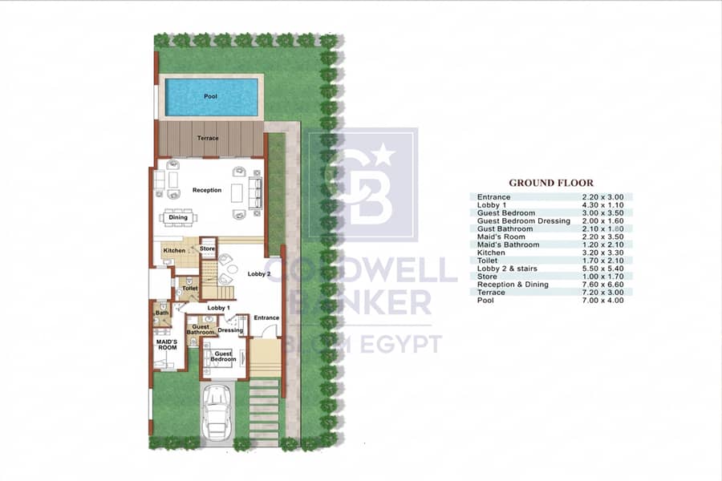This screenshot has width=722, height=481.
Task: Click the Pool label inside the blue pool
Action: (210, 97)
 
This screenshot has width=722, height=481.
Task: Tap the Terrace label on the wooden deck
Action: (208, 138)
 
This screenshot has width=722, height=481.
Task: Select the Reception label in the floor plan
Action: (207, 190)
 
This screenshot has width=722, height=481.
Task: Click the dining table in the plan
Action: (178, 218)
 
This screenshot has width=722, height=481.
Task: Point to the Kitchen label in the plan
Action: (174, 250)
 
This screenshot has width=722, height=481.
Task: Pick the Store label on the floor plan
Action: (207, 249)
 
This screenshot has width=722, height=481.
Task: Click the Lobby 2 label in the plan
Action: (259, 274)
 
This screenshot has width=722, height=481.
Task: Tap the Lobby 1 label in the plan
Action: (218, 308)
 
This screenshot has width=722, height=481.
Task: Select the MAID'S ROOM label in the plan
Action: (167, 345)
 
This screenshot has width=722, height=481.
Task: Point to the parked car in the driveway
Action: (217, 411)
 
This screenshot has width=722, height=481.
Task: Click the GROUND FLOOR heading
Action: (551, 183)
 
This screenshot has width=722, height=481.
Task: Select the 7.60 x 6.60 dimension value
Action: (602, 285)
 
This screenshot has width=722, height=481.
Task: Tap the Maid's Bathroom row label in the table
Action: (508, 245)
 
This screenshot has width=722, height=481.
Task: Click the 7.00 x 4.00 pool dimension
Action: (602, 300)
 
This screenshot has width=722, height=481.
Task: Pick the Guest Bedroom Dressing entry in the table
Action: (524, 221)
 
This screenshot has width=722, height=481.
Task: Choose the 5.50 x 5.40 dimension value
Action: (602, 269)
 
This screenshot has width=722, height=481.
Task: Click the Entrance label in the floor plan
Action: (266, 317)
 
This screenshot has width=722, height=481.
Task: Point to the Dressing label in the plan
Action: (230, 330)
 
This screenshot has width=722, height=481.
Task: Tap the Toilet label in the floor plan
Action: (189, 288)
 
